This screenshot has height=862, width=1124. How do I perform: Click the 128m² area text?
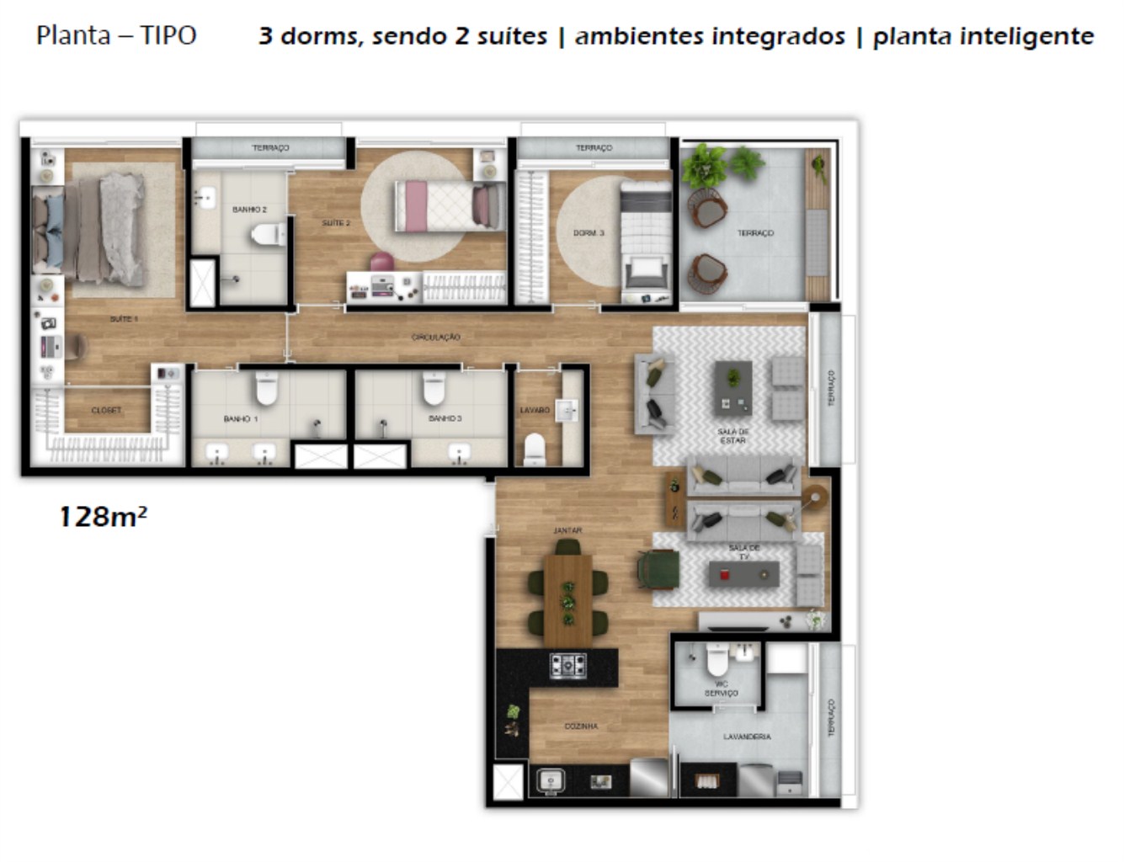pyautogui.click(x=102, y=515)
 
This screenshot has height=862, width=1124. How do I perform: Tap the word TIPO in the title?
pyautogui.click(x=168, y=35)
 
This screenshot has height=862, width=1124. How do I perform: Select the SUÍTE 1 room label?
pyautogui.click(x=123, y=319)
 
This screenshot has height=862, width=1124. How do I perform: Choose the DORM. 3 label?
pyautogui.click(x=589, y=233)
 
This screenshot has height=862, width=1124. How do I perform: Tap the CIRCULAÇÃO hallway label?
pyautogui.click(x=435, y=337)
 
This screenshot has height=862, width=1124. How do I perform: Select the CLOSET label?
pyautogui.click(x=106, y=410)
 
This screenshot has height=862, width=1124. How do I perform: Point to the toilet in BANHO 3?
pyautogui.click(x=434, y=389)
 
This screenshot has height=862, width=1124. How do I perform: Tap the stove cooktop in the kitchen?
pyautogui.click(x=568, y=666)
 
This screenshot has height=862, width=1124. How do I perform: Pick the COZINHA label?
pyautogui.click(x=581, y=726)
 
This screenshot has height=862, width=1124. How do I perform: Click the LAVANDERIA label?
pyautogui.click(x=747, y=737)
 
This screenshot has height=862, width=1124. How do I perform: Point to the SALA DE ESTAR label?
pyautogui.click(x=732, y=436)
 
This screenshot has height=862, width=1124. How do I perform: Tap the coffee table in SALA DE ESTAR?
pyautogui.click(x=733, y=388)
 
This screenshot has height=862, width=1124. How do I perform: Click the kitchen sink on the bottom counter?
pyautogui.click(x=551, y=781)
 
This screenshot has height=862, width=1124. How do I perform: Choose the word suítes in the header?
pyautogui.click(x=512, y=36)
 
